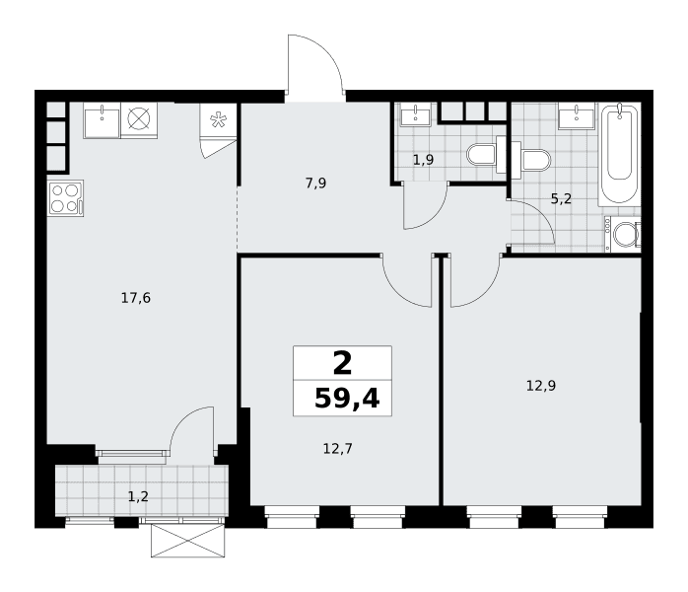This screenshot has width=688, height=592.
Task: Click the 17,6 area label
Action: tap(136, 298)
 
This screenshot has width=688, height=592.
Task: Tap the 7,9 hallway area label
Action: tap(316, 184)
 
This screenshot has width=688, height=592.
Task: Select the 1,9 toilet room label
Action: tap(424, 160)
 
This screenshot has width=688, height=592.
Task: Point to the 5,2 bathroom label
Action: tap(561, 199)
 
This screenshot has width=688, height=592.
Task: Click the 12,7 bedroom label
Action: tap(338, 448)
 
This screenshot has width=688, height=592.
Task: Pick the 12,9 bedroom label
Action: tap(541, 386)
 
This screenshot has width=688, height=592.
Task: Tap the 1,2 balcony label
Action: tap(138, 496)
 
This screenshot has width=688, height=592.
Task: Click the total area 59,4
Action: tap(347, 399)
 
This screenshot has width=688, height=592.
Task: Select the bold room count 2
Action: tap(342, 364)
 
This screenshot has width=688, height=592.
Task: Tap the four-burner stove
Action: tap(66, 198)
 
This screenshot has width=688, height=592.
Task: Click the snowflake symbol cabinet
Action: tap(218, 120)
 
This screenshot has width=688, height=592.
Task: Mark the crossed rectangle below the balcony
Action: tap(188, 541)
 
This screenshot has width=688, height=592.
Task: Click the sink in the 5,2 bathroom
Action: tap(576, 116)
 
